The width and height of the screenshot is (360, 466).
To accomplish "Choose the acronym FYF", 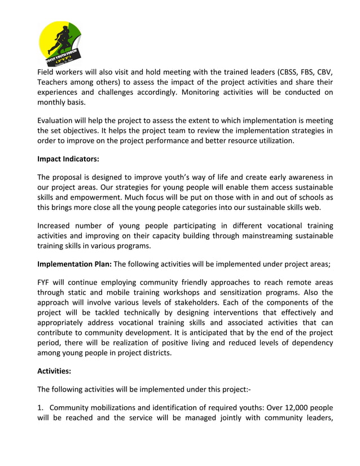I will (45, 282).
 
